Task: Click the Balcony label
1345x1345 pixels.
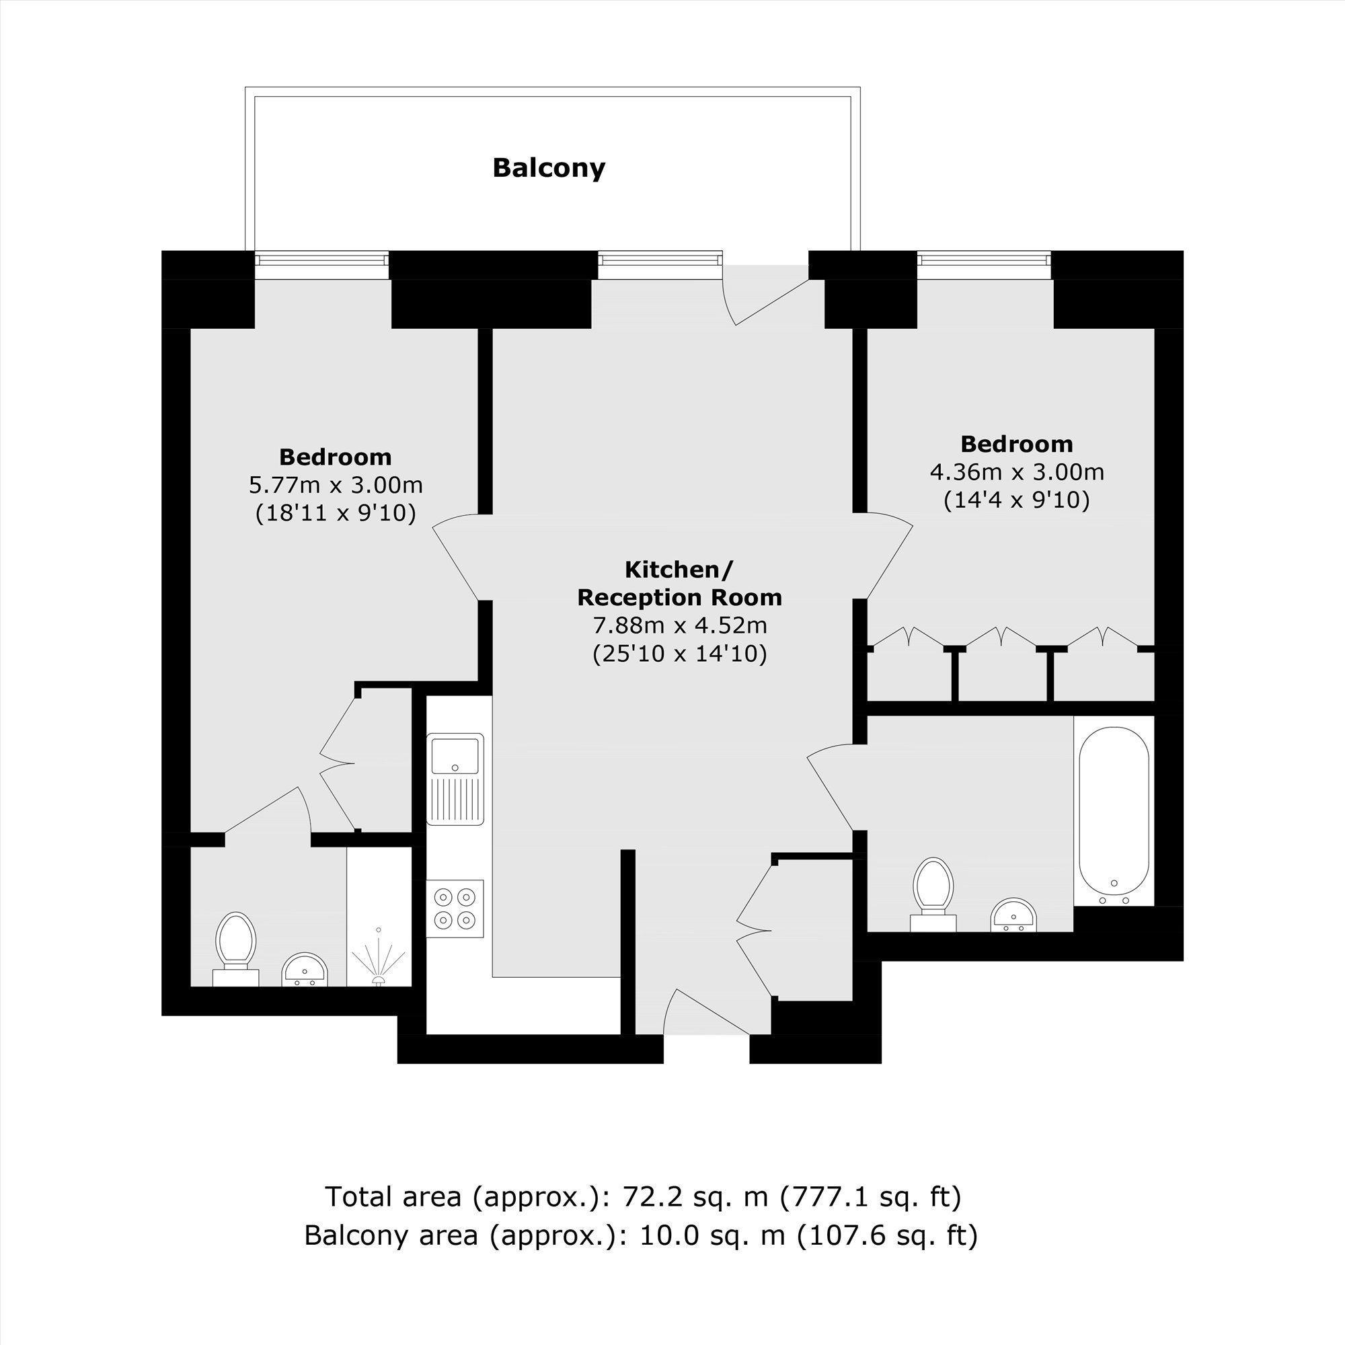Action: point(549,167)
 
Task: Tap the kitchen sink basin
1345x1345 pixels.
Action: point(455,755)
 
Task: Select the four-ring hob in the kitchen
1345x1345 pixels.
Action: point(455,909)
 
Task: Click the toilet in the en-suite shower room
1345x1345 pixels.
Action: point(235,949)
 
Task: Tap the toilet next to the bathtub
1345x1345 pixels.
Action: point(933,894)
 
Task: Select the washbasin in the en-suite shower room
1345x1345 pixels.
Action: point(304,970)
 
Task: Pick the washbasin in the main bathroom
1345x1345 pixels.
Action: point(1013,915)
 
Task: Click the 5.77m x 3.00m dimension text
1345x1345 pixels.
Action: point(336,484)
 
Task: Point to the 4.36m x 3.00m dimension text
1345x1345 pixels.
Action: point(1016,472)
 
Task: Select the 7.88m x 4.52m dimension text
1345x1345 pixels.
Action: point(679,625)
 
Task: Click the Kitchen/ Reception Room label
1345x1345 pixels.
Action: point(679,583)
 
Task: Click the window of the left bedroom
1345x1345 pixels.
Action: point(321,260)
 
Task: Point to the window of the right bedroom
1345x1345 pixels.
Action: point(984,260)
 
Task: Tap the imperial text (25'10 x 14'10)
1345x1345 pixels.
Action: point(679,654)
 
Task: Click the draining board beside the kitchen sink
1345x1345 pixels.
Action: point(455,799)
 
